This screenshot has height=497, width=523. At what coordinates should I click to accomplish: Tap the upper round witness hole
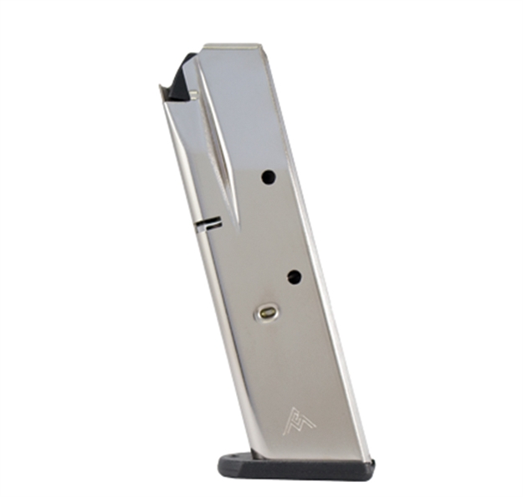point(268,176)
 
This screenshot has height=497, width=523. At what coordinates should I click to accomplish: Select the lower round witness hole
point(294,277)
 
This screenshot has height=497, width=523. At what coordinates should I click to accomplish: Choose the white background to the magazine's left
point(84,251)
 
